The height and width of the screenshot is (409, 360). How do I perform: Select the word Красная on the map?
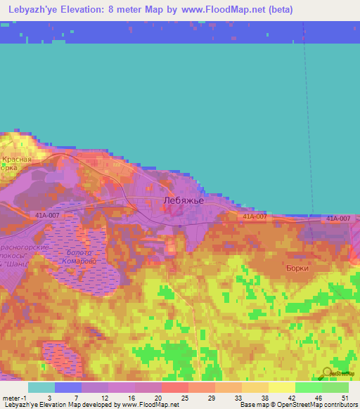tap(15, 160)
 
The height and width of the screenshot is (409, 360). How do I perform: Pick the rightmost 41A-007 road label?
tap(337, 219)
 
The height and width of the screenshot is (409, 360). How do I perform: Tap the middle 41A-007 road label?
tap(255, 216)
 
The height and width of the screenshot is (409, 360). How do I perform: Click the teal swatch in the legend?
tap(41, 387)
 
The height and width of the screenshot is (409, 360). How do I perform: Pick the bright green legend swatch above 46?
tap(308, 387)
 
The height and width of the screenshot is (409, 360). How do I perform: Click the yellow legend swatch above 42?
tap(281, 387)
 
